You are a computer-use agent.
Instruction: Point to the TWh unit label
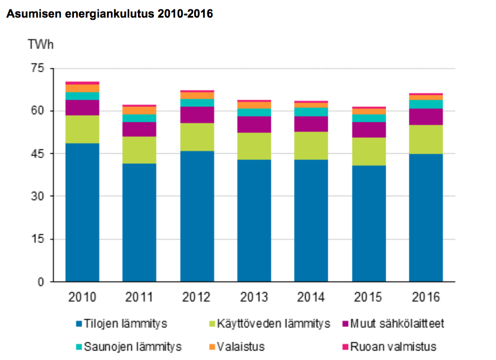41,44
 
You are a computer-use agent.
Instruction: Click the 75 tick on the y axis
36,68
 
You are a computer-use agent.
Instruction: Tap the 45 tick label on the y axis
36,154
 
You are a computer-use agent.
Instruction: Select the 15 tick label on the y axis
36,239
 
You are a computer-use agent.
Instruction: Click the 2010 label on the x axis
82,297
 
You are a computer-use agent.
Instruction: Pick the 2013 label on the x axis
254,297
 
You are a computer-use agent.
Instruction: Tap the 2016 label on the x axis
426,297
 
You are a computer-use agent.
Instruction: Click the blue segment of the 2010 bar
82,212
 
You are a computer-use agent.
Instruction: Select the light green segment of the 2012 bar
196,137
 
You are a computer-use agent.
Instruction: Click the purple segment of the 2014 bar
311,124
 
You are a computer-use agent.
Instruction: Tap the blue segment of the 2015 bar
369,223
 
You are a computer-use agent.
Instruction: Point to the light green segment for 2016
426,139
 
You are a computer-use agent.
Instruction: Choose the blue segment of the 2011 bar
139,222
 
